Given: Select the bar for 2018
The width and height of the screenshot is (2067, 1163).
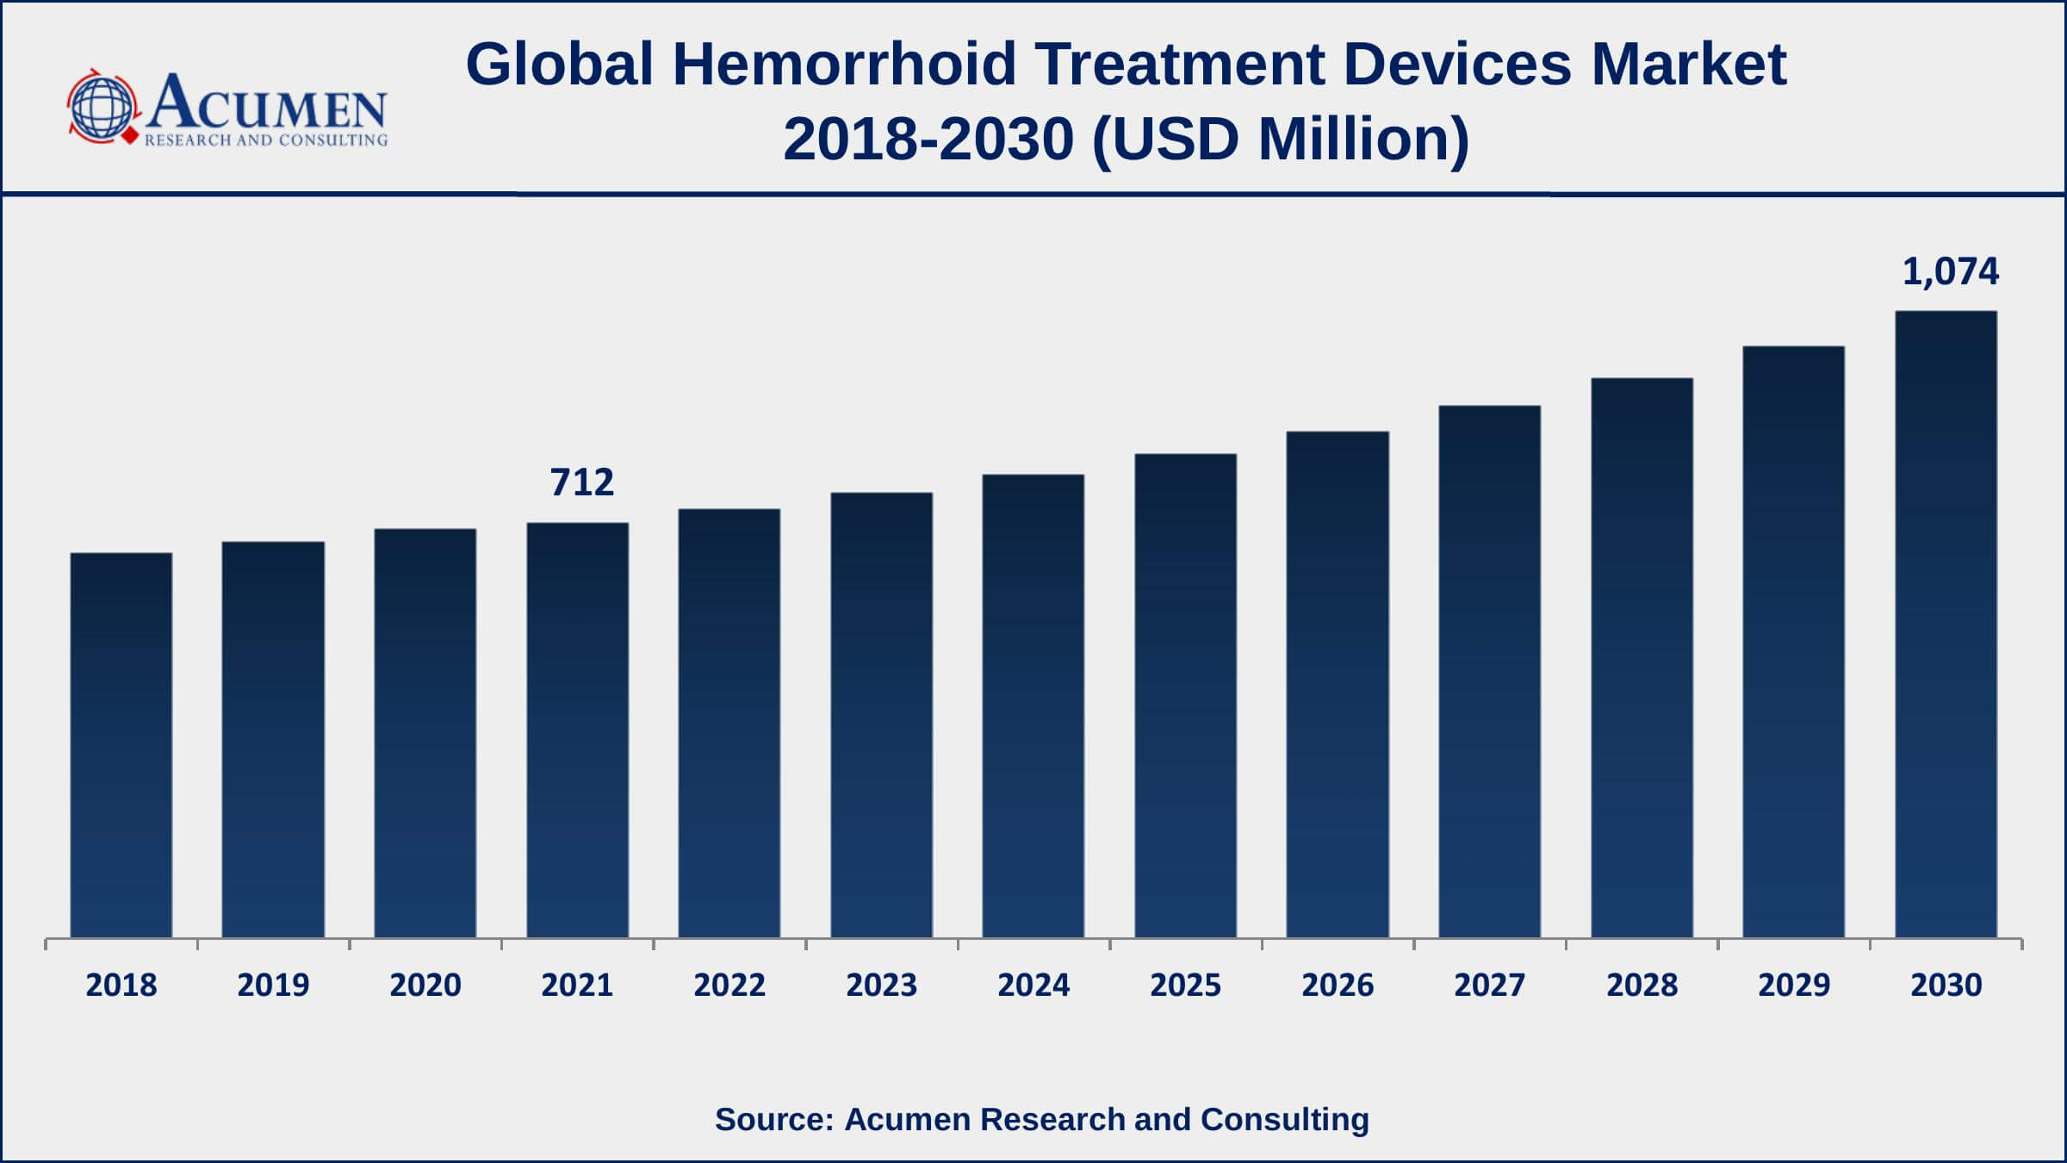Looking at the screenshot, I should pyautogui.click(x=121, y=745).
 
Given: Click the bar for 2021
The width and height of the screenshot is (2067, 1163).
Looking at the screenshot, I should pyautogui.click(x=578, y=731).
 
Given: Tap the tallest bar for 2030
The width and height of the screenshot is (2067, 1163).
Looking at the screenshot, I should pyautogui.click(x=1946, y=625).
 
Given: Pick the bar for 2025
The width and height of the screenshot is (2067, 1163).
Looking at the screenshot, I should pyautogui.click(x=1185, y=696).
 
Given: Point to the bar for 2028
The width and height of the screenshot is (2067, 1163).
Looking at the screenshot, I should pyautogui.click(x=1642, y=658).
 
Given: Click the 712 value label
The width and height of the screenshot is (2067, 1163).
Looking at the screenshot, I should pyautogui.click(x=582, y=482).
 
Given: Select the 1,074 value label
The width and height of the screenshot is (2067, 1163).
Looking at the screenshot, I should pyautogui.click(x=1950, y=272).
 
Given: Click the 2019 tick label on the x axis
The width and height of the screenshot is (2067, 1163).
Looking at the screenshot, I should pyautogui.click(x=273, y=985).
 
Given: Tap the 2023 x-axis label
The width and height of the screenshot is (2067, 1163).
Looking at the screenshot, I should pyautogui.click(x=881, y=985).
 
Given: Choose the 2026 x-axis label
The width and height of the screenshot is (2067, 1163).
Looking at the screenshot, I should pyautogui.click(x=1338, y=985).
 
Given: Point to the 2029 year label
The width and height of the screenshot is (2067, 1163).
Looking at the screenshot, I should pyautogui.click(x=1794, y=985).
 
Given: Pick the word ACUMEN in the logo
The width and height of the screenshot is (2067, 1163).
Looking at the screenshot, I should pyautogui.click(x=267, y=103).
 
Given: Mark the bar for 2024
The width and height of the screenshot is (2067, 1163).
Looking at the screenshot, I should pyautogui.click(x=1033, y=706).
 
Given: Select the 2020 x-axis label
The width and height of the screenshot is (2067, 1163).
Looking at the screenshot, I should pyautogui.click(x=425, y=985).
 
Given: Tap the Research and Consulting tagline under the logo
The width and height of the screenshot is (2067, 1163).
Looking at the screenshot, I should pyautogui.click(x=266, y=140).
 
